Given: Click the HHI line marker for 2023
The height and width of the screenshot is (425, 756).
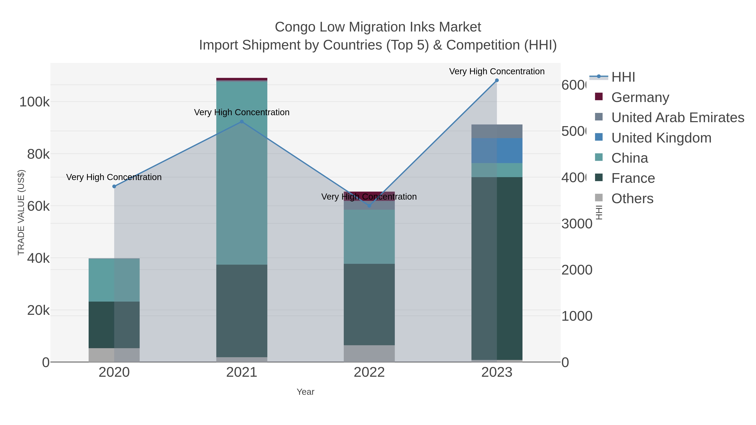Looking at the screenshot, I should tap(497, 80).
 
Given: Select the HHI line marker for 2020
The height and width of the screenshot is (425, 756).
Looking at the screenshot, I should tap(114, 187).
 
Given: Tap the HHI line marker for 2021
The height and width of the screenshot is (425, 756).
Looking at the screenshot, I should tap(241, 122).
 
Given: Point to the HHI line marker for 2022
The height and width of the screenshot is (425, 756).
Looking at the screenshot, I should tap(369, 206).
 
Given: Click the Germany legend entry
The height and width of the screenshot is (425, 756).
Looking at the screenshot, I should tap(640, 97).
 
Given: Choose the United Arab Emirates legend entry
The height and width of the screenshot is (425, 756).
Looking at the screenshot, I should tap(677, 117).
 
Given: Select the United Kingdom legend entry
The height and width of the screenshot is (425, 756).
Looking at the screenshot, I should tap(661, 138).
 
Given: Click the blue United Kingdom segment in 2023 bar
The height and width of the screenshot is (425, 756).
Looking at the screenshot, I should tap(497, 150).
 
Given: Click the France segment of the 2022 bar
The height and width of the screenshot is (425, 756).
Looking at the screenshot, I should tap(369, 305).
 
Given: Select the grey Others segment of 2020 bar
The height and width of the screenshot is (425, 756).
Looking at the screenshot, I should tap(114, 355).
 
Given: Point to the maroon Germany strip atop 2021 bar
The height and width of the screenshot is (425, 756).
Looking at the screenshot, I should tap(241, 79).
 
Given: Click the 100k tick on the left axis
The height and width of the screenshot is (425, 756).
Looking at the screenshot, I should tap(34, 102).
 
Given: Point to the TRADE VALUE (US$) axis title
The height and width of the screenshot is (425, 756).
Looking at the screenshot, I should tap(21, 212).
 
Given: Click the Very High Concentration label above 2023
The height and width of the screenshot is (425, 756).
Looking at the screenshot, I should tap(497, 71).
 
